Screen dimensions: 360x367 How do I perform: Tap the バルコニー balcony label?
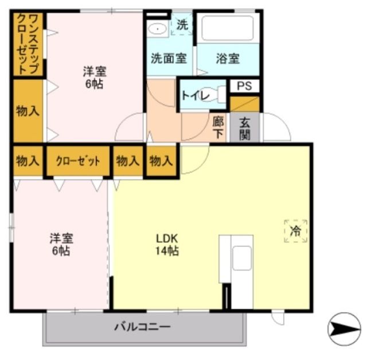[142, 327]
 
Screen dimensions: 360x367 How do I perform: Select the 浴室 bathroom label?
[228, 58]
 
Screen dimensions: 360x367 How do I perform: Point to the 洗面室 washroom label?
[169, 58]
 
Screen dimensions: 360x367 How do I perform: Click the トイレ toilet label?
[194, 95]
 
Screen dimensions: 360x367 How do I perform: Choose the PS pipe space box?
[244, 86]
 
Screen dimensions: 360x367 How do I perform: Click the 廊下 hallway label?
[218, 126]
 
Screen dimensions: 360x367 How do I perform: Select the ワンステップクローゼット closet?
[27, 44]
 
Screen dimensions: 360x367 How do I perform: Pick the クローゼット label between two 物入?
[77, 161]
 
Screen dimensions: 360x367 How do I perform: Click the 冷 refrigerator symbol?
[295, 231]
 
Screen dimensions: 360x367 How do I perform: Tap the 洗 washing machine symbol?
[182, 25]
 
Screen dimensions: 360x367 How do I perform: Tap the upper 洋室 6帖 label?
[94, 78]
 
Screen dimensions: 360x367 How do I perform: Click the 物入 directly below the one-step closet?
[27, 110]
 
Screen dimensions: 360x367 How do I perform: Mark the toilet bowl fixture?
[217, 95]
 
